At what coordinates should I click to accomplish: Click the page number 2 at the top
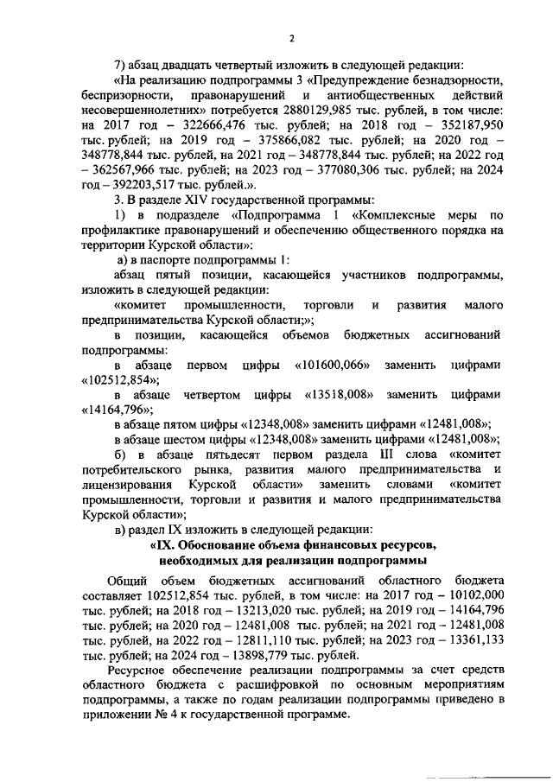click(x=291, y=38)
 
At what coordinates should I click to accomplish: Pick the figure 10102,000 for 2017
click(x=471, y=595)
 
